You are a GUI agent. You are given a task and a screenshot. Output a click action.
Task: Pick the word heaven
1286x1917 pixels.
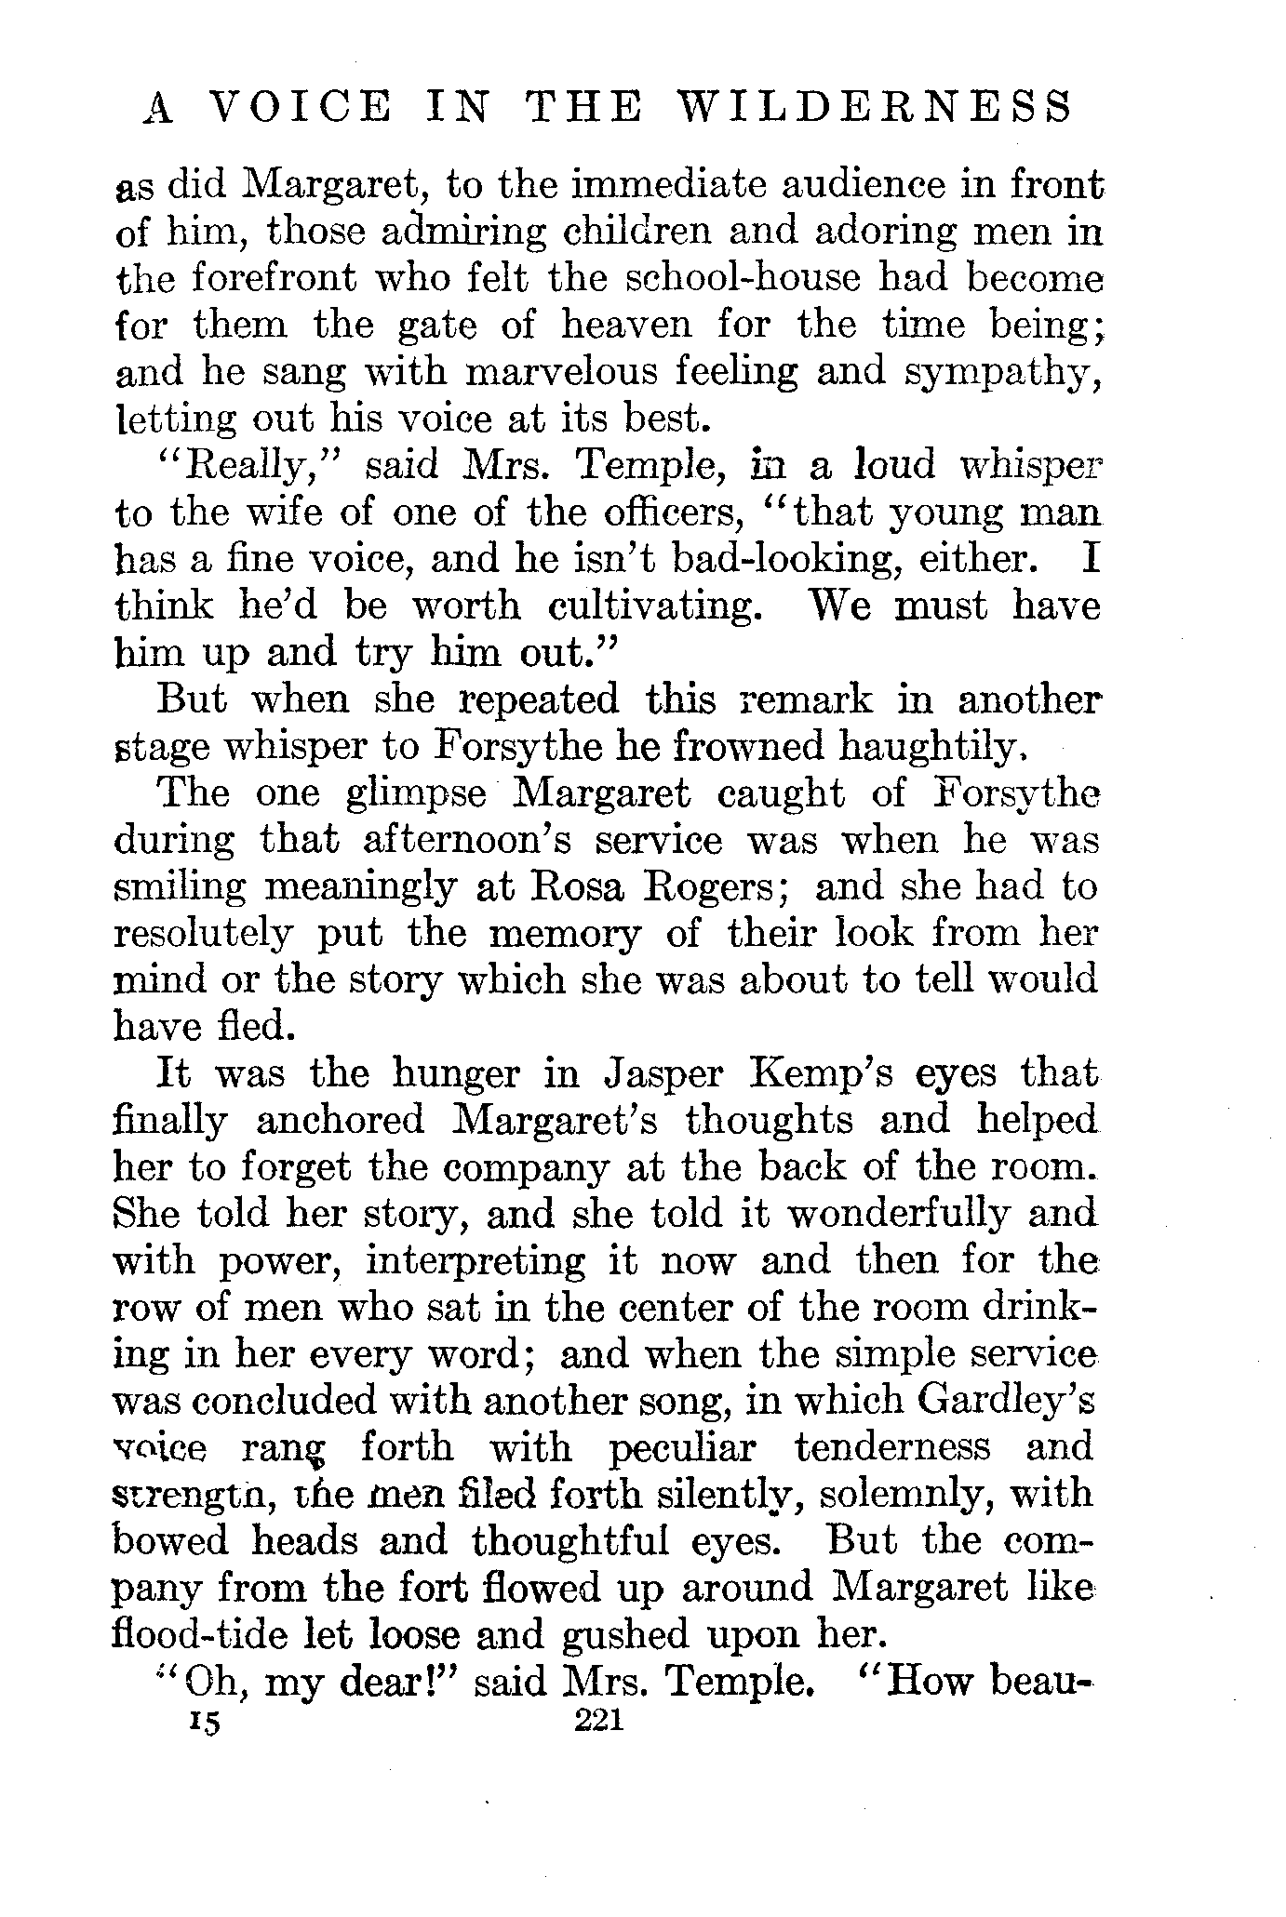627,326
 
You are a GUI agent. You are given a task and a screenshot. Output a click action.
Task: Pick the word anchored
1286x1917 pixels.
340,1120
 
